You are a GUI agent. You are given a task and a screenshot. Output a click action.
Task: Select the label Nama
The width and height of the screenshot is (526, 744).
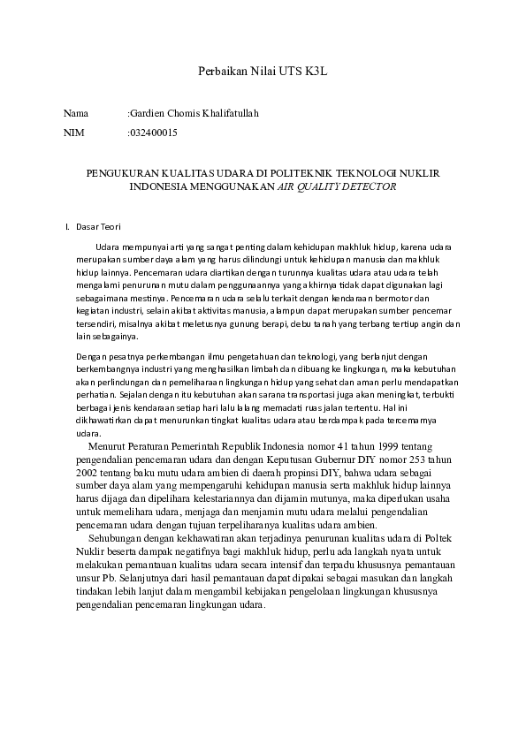(76, 114)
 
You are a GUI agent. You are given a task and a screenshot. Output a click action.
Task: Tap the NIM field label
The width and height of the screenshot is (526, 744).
(73, 133)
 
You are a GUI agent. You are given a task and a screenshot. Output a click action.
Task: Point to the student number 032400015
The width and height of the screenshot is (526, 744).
(154, 133)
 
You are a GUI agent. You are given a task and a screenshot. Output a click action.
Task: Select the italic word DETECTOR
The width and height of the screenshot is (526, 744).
(369, 187)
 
